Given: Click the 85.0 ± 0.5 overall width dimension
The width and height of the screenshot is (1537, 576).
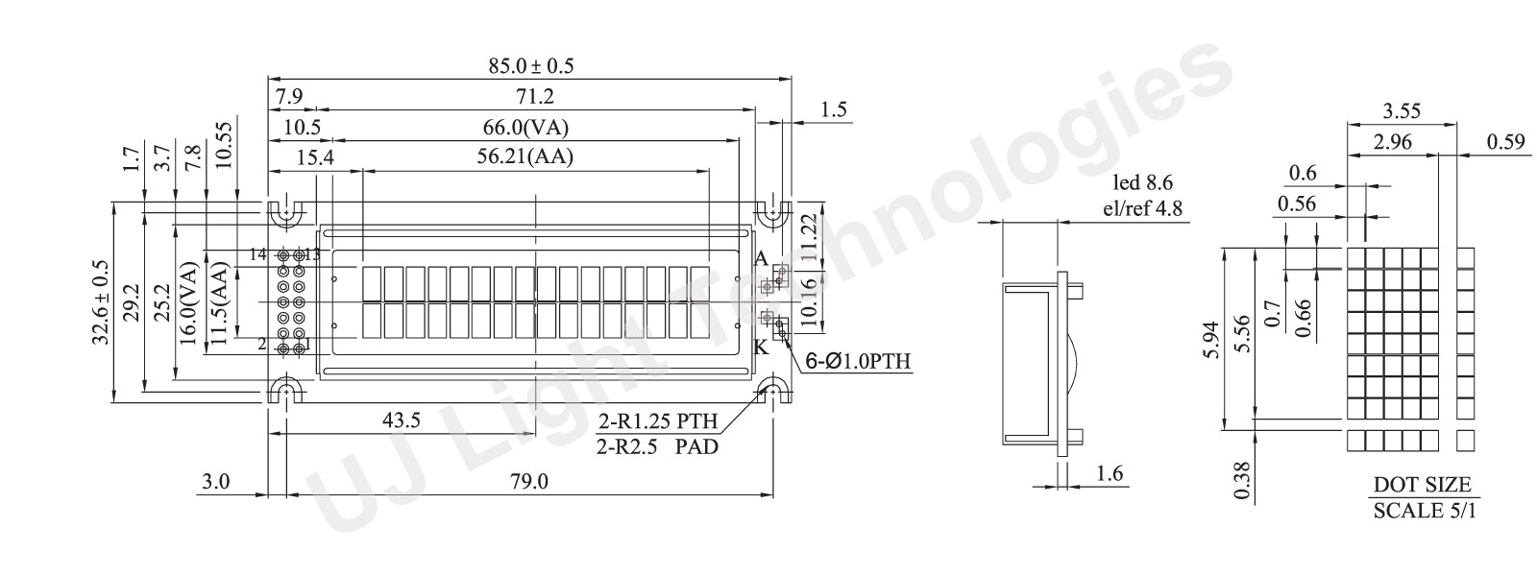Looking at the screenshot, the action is [530, 66].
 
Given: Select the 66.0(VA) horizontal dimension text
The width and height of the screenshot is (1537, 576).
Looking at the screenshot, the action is [525, 127].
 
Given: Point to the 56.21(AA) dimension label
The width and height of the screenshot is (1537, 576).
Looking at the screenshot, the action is [525, 157].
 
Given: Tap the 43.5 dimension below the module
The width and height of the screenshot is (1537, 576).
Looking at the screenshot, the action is [402, 420].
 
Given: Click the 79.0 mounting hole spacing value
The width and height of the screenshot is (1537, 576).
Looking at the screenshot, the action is [529, 481].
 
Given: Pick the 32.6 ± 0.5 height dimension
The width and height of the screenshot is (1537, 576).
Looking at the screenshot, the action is [102, 301].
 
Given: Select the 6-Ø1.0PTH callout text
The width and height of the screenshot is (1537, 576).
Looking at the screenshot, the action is [858, 361].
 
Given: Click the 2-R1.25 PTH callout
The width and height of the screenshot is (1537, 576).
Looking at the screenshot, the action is [658, 420].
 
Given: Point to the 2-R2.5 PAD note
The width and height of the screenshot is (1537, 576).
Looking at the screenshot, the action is [657, 447].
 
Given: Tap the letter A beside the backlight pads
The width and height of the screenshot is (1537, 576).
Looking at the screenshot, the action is [760, 258].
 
